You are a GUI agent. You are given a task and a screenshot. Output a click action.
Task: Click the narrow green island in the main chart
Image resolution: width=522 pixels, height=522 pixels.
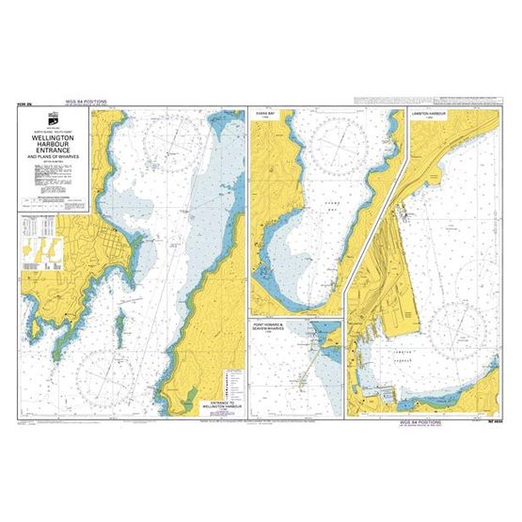click(120, 321)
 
